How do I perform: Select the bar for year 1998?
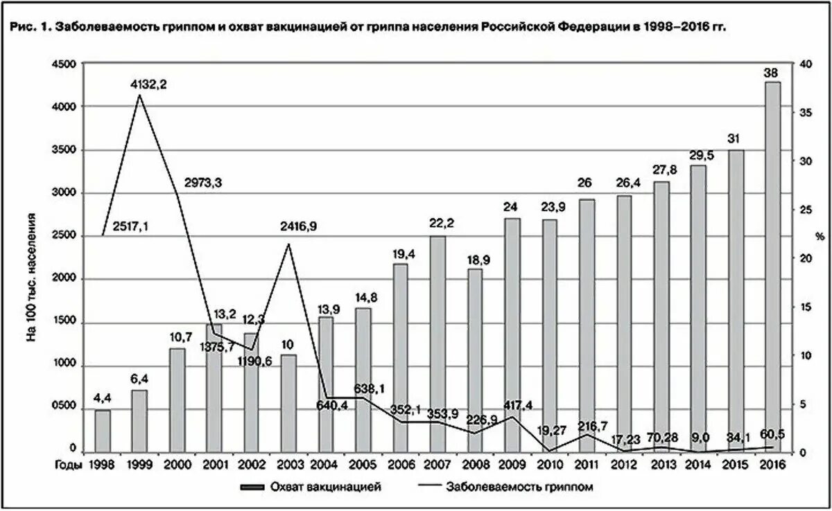point(103,431)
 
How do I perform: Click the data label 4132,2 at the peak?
point(149,84)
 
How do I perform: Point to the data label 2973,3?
point(203,183)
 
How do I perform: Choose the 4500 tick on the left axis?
point(64,63)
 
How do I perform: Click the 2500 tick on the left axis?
point(64,236)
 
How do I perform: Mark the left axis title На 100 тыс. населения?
point(31,284)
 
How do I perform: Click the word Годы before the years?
point(69,465)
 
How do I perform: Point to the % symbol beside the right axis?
point(820,237)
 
